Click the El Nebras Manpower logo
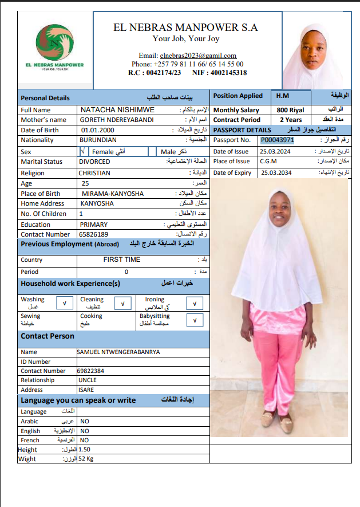tap(55, 46)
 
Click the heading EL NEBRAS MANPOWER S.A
tap(185, 27)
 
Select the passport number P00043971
tap(277, 140)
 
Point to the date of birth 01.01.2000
tap(99, 130)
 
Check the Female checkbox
tap(84, 151)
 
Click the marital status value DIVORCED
tap(94, 162)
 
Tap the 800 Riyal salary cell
tap(291, 110)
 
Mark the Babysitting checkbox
tap(195, 320)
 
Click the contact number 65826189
tap(95, 234)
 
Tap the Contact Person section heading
tap(48, 336)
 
